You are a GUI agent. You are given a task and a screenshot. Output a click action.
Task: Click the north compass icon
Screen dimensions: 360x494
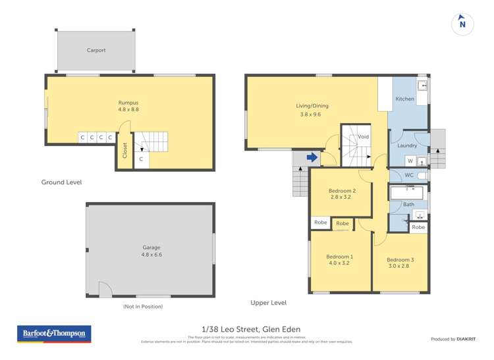click(x=462, y=24)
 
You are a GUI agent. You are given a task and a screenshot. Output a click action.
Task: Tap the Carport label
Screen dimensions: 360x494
click(x=96, y=50)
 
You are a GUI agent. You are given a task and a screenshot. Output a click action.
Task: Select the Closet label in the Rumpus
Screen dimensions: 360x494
click(x=124, y=151)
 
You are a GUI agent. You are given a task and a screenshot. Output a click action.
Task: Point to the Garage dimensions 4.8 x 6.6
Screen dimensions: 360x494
click(x=151, y=254)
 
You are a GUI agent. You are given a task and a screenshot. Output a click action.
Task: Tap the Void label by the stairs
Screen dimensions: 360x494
click(x=364, y=137)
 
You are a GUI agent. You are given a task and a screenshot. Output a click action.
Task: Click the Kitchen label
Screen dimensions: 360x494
click(x=404, y=99)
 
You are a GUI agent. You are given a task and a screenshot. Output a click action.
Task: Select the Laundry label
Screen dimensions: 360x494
click(x=407, y=145)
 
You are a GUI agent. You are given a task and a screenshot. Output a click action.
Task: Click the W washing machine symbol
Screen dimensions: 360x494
click(x=410, y=161)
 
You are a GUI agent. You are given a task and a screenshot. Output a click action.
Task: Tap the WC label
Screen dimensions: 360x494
click(x=409, y=175)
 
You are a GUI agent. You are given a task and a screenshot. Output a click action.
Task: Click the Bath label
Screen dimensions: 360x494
click(x=409, y=205)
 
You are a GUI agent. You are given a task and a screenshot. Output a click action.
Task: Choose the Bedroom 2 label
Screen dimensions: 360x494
click(x=342, y=191)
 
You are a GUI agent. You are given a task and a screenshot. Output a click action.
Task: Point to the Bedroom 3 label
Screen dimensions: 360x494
click(x=400, y=259)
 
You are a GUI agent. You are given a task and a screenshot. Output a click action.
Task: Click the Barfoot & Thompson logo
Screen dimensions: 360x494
click(x=53, y=334)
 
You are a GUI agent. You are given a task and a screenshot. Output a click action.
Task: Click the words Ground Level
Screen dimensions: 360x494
click(x=61, y=182)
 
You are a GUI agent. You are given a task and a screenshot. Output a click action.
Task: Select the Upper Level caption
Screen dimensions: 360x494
click(x=268, y=303)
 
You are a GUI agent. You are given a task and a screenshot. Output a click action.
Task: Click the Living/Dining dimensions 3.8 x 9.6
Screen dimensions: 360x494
click(x=312, y=115)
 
